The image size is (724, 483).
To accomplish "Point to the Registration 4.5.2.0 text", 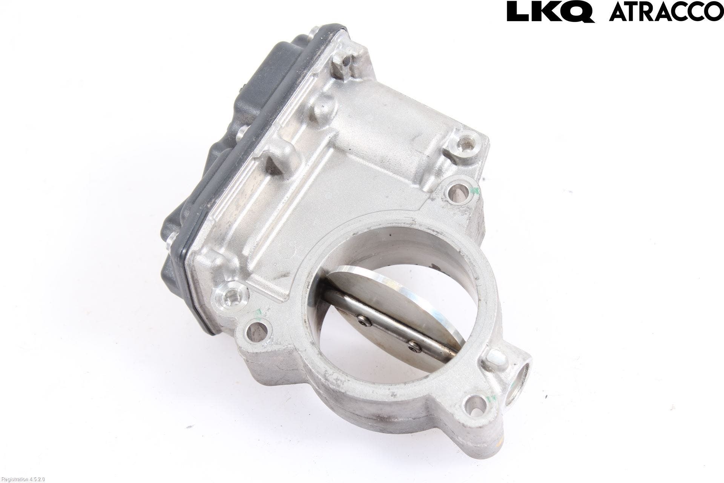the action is (22, 479).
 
